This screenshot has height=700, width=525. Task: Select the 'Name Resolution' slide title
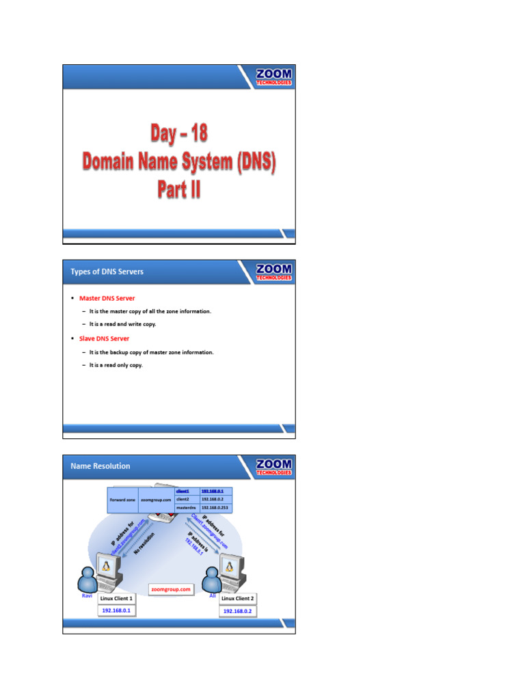pyautogui.click(x=100, y=466)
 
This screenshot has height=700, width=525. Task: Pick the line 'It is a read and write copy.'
pyautogui.click(x=122, y=324)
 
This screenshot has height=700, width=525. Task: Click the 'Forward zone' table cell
pyautogui.click(x=123, y=500)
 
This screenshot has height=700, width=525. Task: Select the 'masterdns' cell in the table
pyautogui.click(x=186, y=508)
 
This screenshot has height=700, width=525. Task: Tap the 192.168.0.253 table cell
pyautogui.click(x=215, y=508)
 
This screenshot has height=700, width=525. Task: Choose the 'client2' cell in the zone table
pyautogui.click(x=186, y=500)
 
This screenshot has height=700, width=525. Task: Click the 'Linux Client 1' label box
pyautogui.click(x=117, y=598)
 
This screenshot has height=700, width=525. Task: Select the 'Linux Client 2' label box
pyautogui.click(x=239, y=599)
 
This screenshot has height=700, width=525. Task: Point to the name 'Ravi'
pyautogui.click(x=87, y=595)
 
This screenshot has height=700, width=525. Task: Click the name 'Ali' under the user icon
pyautogui.click(x=213, y=595)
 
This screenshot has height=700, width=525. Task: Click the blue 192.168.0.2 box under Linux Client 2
pyautogui.click(x=239, y=611)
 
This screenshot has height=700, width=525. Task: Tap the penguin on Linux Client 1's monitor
pyautogui.click(x=106, y=566)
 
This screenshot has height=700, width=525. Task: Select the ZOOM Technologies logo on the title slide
pyautogui.click(x=273, y=76)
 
